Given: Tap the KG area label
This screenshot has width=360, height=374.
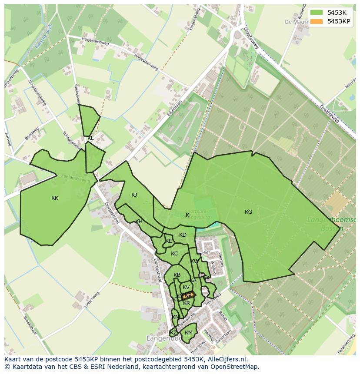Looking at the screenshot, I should [x=248, y=212].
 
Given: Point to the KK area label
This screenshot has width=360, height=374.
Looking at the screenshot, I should [x=55, y=198].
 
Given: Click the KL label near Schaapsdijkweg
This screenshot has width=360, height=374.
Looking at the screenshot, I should [x=90, y=138].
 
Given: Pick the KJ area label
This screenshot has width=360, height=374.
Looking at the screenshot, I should [x=134, y=195].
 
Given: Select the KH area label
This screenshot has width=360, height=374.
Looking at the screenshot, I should [x=139, y=222].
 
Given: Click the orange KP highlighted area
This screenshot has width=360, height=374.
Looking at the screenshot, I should [x=188, y=295].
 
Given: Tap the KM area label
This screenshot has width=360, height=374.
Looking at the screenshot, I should [x=188, y=333].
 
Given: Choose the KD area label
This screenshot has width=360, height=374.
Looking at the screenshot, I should [x=183, y=235].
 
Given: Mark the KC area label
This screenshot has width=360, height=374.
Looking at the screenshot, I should [x=174, y=254].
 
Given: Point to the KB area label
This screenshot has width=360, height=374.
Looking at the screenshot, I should [x=177, y=275].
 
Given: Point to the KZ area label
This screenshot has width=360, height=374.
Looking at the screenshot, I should [x=173, y=333].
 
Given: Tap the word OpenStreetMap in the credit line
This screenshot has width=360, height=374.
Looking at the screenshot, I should [x=234, y=367].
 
